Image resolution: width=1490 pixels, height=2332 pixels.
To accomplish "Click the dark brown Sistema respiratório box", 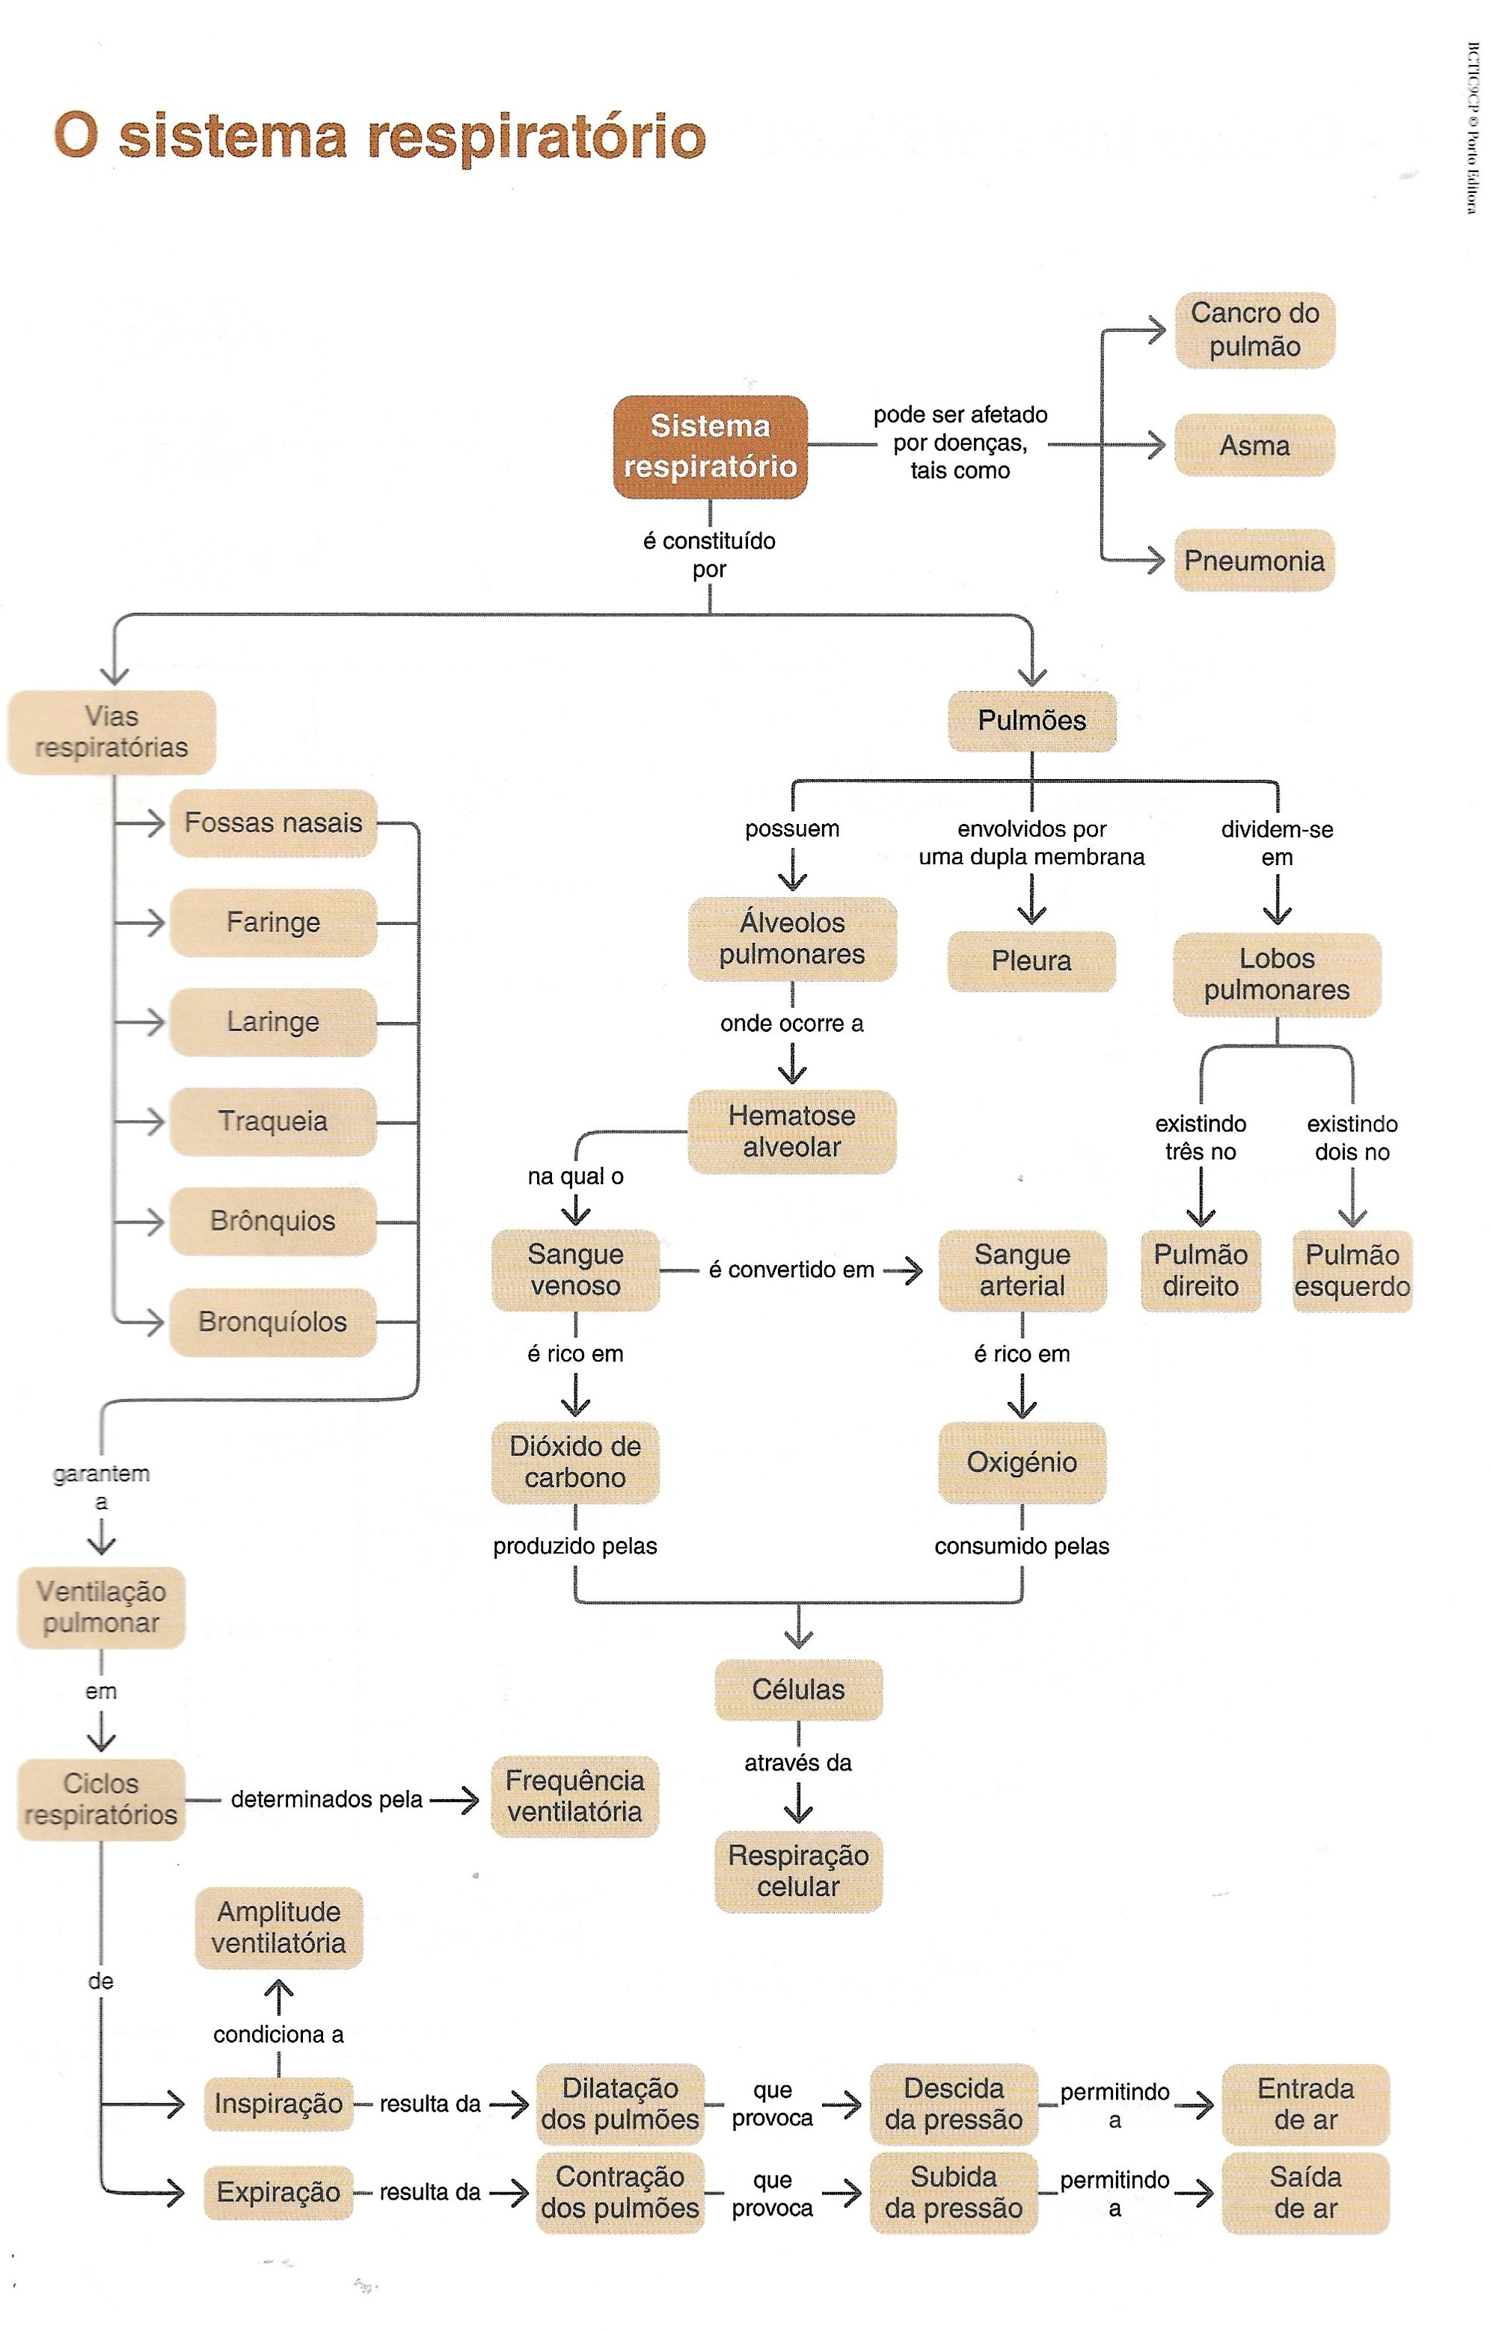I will click(x=710, y=446).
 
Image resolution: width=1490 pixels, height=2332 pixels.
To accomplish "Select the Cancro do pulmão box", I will click(x=1254, y=330).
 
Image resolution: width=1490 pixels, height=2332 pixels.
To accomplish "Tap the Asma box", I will click(x=1254, y=446).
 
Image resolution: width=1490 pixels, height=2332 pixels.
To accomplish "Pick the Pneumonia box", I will click(x=1254, y=561).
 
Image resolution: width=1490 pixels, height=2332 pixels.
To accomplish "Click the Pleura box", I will click(x=1031, y=961).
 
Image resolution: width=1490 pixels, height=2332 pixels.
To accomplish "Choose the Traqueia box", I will click(x=273, y=1122).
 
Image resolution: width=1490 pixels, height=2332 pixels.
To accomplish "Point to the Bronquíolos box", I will click(x=273, y=1322).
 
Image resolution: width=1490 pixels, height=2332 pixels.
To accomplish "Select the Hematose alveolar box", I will click(x=791, y=1131).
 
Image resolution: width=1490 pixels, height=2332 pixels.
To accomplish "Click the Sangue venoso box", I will click(x=575, y=1270).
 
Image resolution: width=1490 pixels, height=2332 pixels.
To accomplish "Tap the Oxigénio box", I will click(x=1022, y=1462).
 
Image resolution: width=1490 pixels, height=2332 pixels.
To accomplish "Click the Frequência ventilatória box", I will click(x=574, y=1797).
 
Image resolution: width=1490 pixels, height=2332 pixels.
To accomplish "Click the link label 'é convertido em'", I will click(x=791, y=1270).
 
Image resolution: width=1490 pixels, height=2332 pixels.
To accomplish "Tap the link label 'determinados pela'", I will click(x=326, y=1800).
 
